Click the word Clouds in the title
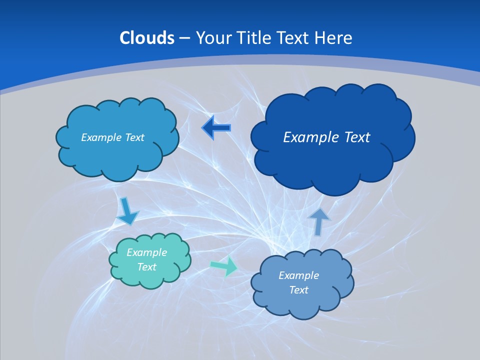point(146,38)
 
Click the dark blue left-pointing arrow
point(216,128)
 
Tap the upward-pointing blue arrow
point(319,221)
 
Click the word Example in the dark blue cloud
point(306,137)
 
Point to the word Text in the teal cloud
point(146,267)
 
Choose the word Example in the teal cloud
point(146,252)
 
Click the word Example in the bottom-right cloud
point(298,275)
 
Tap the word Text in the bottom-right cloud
point(298,290)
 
